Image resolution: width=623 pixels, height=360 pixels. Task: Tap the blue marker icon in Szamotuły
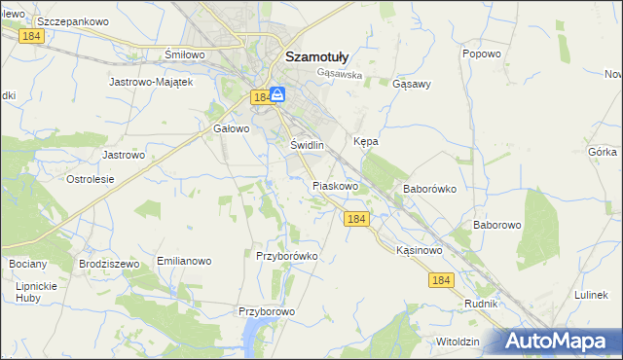click(x=277, y=95)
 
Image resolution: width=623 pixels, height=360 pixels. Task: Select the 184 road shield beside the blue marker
click(x=260, y=97)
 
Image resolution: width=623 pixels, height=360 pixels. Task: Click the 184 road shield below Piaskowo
click(x=356, y=220)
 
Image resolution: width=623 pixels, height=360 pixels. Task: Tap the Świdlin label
click(x=307, y=144)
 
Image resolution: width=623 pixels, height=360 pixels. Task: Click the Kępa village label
click(x=366, y=141)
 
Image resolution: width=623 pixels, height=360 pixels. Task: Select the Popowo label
click(x=482, y=54)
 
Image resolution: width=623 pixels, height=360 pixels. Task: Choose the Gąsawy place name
click(x=411, y=84)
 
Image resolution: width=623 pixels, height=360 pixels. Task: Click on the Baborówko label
click(x=429, y=189)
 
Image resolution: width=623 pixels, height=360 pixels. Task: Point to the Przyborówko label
click(x=287, y=256)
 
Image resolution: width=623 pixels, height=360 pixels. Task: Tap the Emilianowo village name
click(x=184, y=262)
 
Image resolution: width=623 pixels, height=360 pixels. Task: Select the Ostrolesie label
click(x=91, y=179)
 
